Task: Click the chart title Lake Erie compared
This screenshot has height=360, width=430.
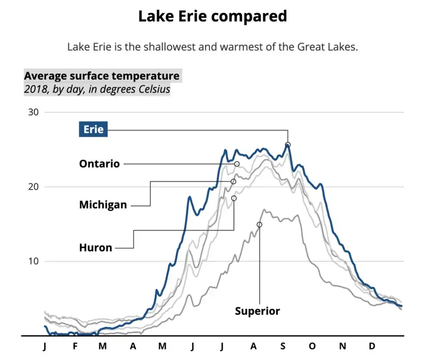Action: tap(212, 16)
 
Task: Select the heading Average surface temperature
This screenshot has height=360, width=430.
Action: tap(102, 76)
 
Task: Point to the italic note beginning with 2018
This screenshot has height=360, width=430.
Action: tap(97, 89)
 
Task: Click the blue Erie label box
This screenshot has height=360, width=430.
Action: tap(93, 129)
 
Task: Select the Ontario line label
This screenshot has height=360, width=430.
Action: tap(99, 164)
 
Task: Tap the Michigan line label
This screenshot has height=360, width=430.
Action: tap(103, 205)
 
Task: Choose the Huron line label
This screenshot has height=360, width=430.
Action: tap(96, 248)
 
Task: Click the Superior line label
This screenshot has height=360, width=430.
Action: tap(257, 311)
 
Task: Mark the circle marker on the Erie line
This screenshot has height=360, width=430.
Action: tap(288, 145)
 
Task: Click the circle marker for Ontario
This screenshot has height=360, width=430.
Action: tap(237, 164)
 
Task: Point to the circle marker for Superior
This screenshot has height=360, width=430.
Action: tap(260, 225)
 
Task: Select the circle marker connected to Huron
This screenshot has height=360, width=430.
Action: tap(234, 198)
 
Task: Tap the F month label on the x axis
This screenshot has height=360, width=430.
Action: tap(75, 347)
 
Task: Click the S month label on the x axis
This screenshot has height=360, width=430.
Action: tap(283, 347)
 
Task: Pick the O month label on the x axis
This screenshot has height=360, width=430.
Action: tap(312, 347)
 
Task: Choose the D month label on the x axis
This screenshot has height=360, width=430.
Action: tap(372, 347)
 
